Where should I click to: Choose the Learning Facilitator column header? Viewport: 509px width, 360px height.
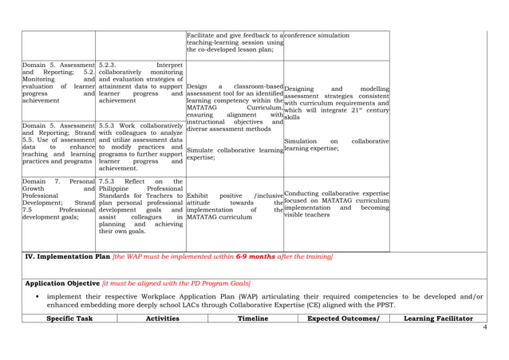(x=438, y=318)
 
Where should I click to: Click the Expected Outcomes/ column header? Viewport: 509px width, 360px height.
(x=344, y=318)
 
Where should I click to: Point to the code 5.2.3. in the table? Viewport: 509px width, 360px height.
(x=109, y=64)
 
